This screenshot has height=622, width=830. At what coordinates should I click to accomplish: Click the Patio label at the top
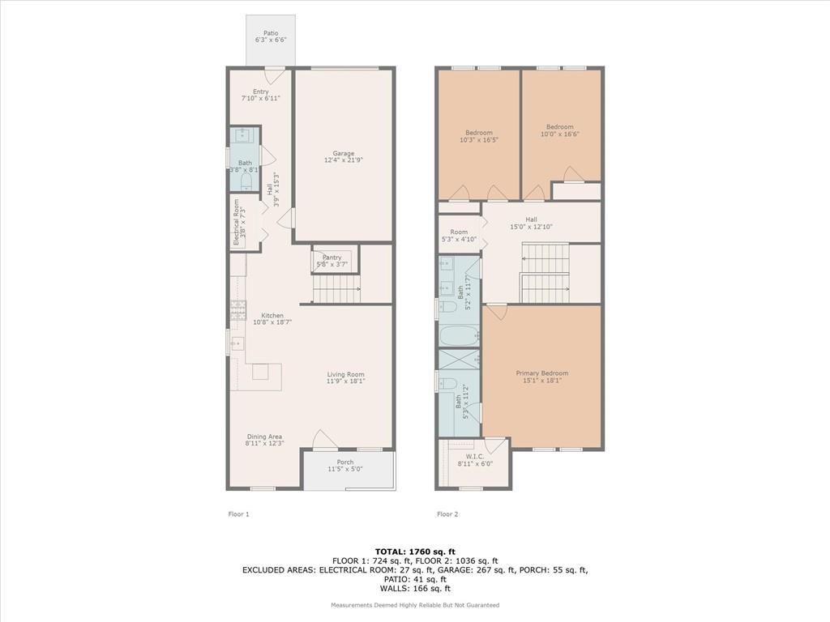[271, 33]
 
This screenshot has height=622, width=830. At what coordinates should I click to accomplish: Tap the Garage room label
[344, 153]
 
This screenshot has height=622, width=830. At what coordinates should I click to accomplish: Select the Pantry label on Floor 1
[332, 258]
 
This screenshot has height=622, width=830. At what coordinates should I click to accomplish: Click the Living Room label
[345, 374]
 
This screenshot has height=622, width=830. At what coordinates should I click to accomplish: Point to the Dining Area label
[264, 437]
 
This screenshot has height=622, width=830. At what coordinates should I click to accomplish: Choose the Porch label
[345, 462]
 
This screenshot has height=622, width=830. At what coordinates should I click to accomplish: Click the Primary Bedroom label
[542, 373]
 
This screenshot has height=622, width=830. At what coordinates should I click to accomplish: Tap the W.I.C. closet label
[475, 457]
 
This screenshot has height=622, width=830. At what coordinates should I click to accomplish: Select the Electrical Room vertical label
[237, 222]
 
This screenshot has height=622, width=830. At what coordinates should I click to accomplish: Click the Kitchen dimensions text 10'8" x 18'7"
[272, 322]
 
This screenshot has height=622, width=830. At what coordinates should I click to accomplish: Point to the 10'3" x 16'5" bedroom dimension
[479, 140]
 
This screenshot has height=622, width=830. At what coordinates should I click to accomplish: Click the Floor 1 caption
[238, 514]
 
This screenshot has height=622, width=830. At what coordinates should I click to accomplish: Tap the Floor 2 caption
[447, 514]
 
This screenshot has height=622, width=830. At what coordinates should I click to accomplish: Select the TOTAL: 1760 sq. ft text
[415, 552]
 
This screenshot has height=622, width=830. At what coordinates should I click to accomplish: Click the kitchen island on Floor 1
[260, 373]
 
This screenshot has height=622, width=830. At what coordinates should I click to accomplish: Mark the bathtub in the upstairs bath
[460, 335]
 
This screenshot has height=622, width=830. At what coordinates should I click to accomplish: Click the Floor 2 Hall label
[531, 219]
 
